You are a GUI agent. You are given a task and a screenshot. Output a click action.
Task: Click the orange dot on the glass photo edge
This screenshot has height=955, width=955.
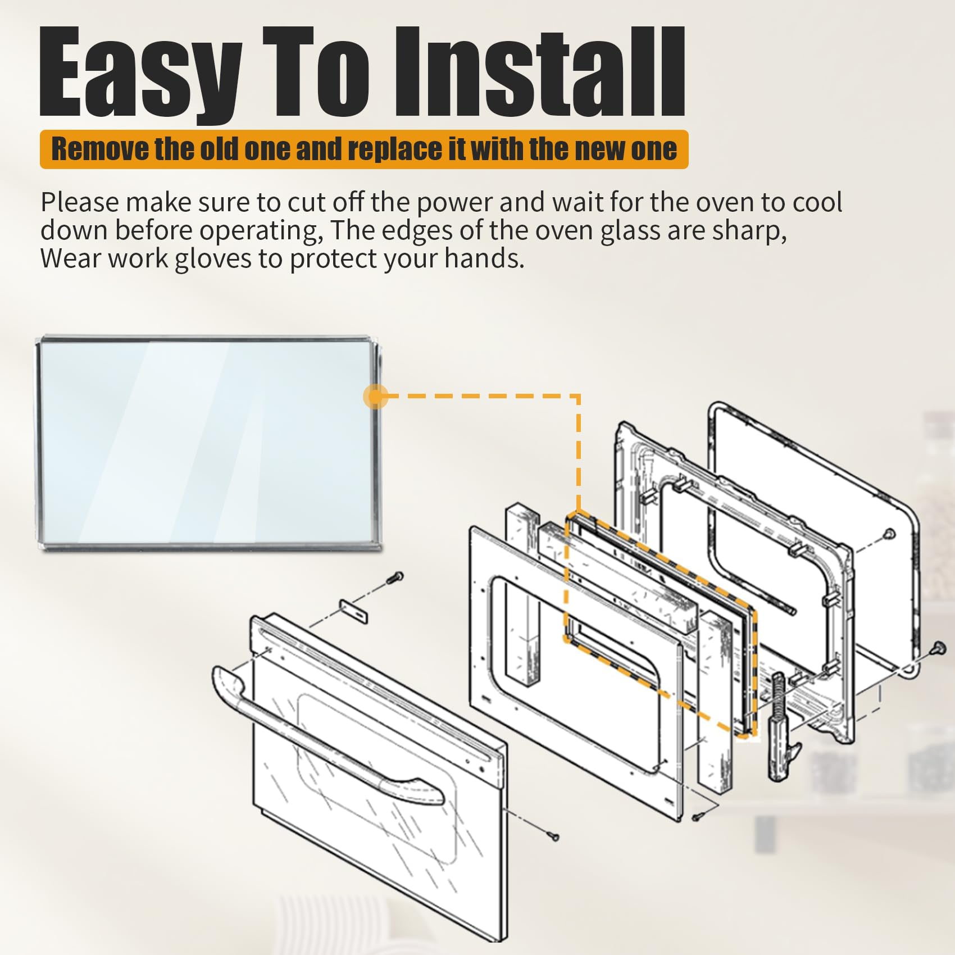[x=375, y=397]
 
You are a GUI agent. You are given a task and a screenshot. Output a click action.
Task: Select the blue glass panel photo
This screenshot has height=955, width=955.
[x=208, y=441]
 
